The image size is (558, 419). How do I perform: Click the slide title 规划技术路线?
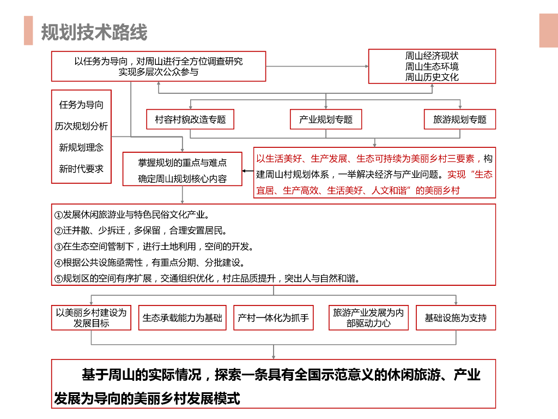tap(94, 32)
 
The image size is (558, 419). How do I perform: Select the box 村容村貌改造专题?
tap(190, 119)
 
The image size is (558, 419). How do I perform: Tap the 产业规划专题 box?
tap(326, 119)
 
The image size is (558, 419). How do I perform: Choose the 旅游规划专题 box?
tap(460, 119)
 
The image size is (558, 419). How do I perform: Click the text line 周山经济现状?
tap(432, 56)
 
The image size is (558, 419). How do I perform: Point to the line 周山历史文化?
tap(432, 77)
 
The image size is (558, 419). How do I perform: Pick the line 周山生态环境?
tap(432, 67)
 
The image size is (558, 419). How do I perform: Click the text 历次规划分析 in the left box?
tap(81, 126)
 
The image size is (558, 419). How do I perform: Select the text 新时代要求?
tap(81, 169)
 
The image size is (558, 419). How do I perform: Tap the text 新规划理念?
tap(81, 147)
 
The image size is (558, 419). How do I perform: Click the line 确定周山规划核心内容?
tap(183, 178)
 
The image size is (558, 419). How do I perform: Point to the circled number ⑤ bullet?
tap(59, 279)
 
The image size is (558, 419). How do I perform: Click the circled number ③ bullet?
tap(59, 247)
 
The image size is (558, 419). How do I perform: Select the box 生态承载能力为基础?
tap(183, 318)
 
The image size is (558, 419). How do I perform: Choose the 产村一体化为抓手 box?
tap(274, 318)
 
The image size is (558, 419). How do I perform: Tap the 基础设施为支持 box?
tap(456, 318)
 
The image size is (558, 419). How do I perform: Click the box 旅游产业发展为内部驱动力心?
tap(368, 318)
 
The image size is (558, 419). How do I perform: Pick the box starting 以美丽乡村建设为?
tap(92, 318)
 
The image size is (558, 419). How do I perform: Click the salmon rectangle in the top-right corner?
tap(548, 31)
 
